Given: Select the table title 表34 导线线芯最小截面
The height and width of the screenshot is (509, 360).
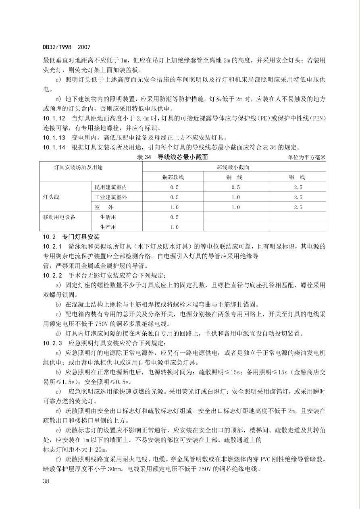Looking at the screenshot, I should [x=173, y=157].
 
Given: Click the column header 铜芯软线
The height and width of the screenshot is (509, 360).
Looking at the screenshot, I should [x=174, y=177].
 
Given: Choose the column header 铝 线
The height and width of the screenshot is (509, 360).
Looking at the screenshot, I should [x=298, y=177].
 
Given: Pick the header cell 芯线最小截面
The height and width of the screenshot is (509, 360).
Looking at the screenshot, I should [x=234, y=167].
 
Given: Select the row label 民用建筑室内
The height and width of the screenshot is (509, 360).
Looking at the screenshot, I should [x=113, y=187].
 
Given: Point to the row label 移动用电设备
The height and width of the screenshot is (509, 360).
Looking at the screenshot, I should [x=59, y=217].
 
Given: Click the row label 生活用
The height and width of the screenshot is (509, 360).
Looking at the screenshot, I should [x=108, y=217].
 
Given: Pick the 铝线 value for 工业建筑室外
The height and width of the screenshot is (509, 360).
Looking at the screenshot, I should [x=298, y=197].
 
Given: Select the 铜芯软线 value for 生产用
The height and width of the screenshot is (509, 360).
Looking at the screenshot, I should [x=174, y=227].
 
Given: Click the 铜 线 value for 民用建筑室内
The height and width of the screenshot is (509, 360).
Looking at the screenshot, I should [x=236, y=187].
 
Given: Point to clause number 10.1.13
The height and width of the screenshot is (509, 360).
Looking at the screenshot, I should [x=54, y=137].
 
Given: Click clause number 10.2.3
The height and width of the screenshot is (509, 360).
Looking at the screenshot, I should [x=53, y=343].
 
